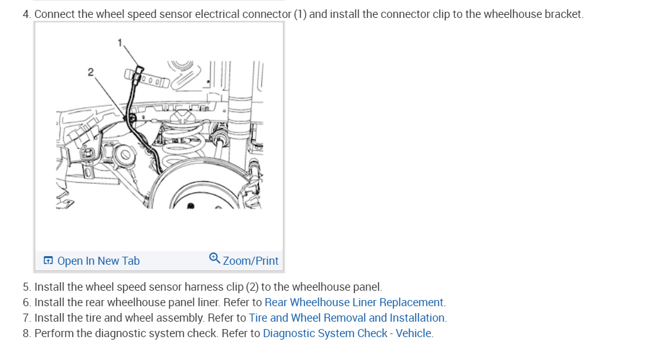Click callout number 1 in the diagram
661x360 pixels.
click(x=120, y=42)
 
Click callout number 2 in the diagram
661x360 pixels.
click(x=90, y=72)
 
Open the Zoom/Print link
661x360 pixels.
click(x=251, y=261)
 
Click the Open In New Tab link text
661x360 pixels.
click(x=98, y=261)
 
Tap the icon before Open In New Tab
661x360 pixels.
click(x=48, y=261)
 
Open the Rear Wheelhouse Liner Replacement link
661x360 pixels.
click(x=354, y=302)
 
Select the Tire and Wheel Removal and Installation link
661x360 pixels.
click(x=347, y=318)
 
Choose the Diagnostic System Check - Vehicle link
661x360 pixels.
click(x=347, y=333)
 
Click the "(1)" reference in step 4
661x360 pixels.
click(x=300, y=14)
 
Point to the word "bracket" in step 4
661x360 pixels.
click(x=563, y=14)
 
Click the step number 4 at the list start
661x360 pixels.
click(x=26, y=14)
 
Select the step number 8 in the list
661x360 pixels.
click(x=26, y=333)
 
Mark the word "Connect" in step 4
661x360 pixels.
click(x=54, y=14)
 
